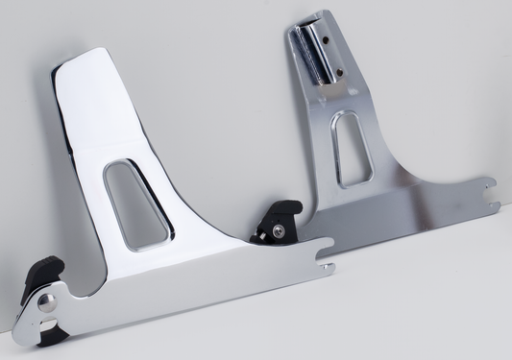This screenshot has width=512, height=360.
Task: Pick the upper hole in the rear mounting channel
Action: tap(324, 40)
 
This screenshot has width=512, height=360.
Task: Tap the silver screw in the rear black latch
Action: tap(278, 229)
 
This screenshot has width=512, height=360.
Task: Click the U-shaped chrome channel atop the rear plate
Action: tap(314, 53)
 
